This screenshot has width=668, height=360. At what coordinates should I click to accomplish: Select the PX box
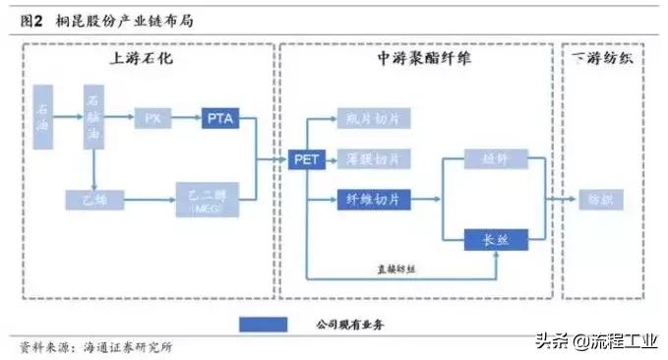tap(152, 118)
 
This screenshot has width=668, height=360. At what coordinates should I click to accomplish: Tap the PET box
tap(306, 159)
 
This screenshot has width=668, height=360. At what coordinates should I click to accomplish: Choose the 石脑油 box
tap(93, 118)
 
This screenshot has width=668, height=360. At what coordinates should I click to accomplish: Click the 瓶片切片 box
tap(373, 118)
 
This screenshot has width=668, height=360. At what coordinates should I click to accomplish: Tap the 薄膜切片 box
tap(373, 158)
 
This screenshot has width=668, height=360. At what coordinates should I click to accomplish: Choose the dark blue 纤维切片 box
tap(373, 200)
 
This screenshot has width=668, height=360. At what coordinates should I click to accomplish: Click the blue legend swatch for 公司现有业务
tap(263, 324)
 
